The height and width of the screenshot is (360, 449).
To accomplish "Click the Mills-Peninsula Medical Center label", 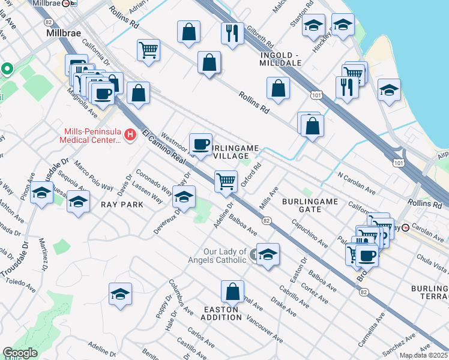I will (91, 136).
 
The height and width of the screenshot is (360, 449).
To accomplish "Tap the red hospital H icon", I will (131, 136).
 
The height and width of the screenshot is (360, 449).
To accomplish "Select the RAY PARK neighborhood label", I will (122, 205).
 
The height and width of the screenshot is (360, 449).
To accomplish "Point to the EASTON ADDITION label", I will (222, 314).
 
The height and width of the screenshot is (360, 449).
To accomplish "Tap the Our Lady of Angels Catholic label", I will (225, 256).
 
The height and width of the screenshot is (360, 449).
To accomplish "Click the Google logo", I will (20, 353).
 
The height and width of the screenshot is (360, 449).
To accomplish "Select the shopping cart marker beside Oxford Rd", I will (226, 181).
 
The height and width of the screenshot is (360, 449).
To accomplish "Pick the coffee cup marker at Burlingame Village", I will (200, 143).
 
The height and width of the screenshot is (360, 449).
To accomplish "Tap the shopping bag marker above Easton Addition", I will (232, 292).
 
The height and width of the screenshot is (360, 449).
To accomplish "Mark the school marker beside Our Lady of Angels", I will (268, 254).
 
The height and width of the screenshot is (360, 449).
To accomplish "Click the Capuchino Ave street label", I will (310, 236).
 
